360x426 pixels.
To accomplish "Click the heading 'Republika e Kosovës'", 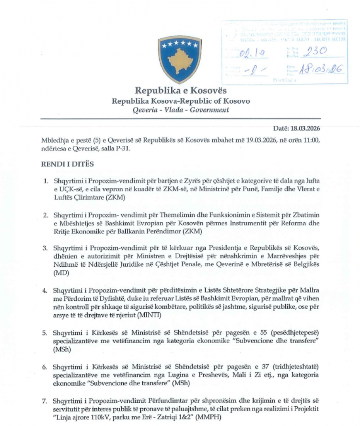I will pos(180,90).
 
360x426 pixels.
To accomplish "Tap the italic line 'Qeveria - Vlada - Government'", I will pos(181,110).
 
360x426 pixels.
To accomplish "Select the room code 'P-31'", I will pos(125,149).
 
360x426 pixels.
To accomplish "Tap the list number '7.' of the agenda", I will pos(45,401).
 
